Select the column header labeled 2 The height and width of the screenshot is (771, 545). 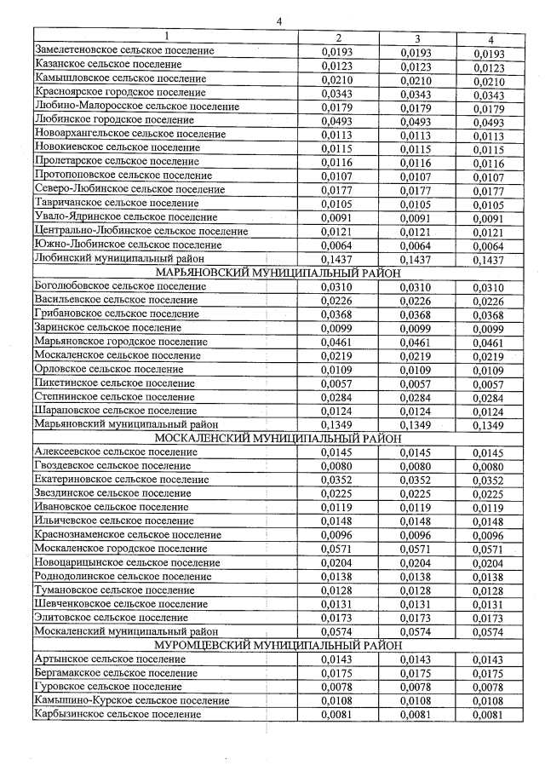coord(338,38)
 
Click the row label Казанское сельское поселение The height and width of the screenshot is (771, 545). coord(107,65)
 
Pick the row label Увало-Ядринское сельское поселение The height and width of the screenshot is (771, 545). coord(125,216)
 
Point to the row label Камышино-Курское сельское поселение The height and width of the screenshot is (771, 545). coord(132,700)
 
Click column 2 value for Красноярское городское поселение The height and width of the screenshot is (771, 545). coord(338,93)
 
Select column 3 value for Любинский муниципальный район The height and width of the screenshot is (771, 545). coord(417,258)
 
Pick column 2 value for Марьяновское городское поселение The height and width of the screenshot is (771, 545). coord(338,341)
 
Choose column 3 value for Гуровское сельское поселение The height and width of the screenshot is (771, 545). coord(417,687)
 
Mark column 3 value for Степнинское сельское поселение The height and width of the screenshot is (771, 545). coord(417,396)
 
